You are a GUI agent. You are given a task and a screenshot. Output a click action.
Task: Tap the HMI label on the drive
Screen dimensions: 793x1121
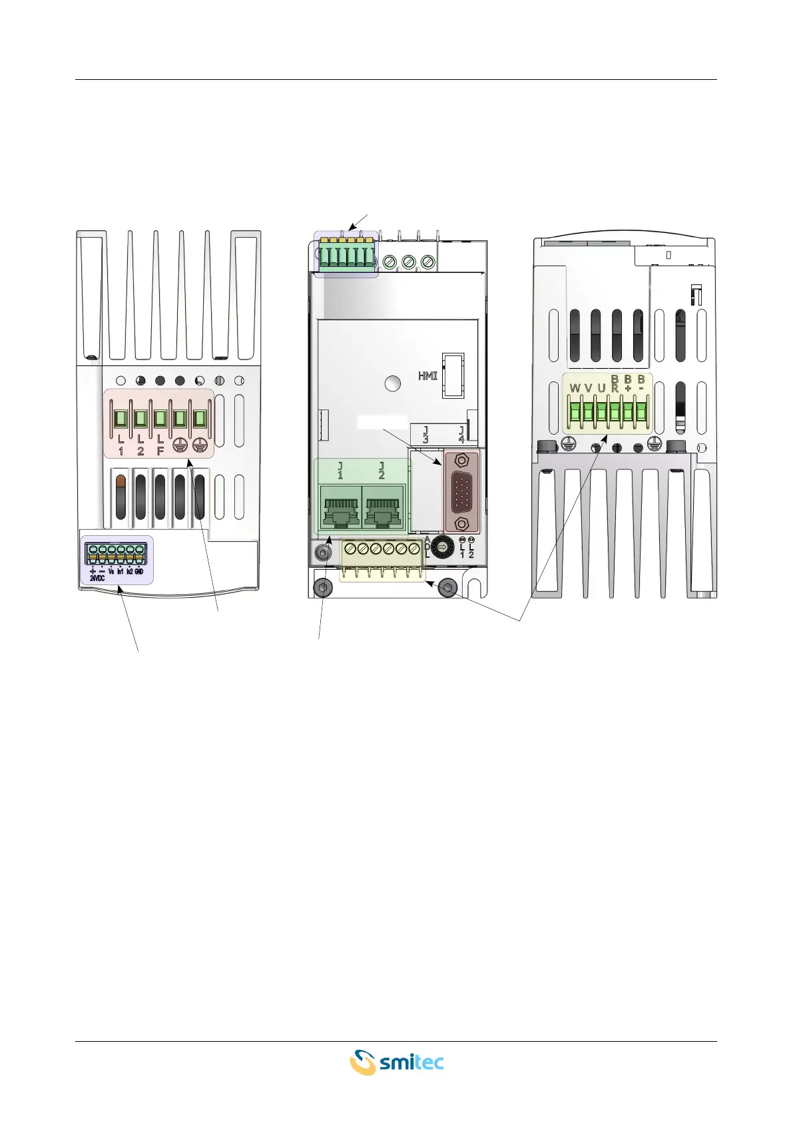coord(427,376)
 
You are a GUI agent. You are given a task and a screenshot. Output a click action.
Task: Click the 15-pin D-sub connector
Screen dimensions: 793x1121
coord(461,493)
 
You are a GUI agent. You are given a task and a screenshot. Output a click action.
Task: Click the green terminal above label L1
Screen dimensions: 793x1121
coord(121,419)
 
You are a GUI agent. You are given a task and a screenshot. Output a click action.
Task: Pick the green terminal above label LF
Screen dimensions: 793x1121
coord(160,419)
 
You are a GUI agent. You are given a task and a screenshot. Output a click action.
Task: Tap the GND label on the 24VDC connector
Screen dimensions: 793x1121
coord(139,571)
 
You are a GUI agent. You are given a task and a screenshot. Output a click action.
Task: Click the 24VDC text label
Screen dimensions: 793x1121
coord(97,578)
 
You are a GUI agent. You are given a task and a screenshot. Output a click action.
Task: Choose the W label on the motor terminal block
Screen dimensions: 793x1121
coord(575,388)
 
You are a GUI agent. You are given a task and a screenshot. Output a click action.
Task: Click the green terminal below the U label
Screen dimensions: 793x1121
coord(601,413)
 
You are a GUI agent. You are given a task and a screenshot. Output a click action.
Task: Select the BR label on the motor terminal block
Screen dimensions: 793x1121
coord(615,384)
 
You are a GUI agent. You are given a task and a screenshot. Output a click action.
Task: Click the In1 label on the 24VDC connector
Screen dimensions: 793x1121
coord(121,571)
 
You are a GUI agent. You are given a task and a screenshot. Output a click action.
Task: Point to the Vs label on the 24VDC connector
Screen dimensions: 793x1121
coord(111,571)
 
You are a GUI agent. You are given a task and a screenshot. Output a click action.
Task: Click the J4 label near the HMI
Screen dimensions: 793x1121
coord(461,435)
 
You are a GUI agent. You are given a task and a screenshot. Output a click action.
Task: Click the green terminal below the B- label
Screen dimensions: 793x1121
coord(641,413)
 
